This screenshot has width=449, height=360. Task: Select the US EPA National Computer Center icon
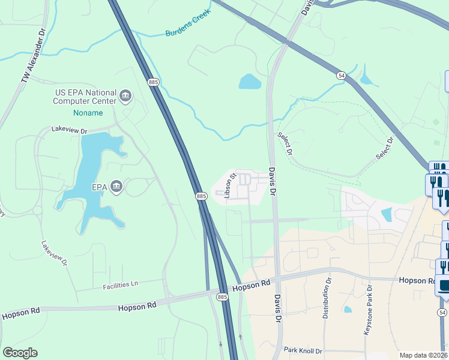click(x=126, y=97)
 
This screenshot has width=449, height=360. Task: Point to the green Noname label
click(x=88, y=113)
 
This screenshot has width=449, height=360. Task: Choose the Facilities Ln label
click(x=120, y=284)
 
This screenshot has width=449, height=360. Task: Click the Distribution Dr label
click(x=328, y=298)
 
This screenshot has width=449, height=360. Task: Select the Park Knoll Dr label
click(x=303, y=350)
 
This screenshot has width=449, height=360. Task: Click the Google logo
click(x=20, y=353)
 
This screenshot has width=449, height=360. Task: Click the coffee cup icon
click(x=444, y=286)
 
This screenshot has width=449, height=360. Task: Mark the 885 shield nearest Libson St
click(x=202, y=196)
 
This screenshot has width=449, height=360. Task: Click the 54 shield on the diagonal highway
click(x=341, y=75)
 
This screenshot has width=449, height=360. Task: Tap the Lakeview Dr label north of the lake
click(x=69, y=130)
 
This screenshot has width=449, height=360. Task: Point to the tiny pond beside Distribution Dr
click(x=348, y=310)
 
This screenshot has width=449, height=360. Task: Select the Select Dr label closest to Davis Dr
click(x=284, y=145)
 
